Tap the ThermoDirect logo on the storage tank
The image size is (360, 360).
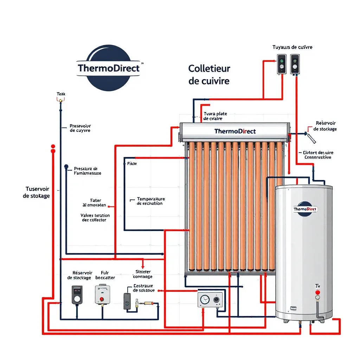[305, 209]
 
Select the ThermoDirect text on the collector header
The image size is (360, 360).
[235, 131]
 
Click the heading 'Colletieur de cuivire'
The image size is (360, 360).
[209, 75]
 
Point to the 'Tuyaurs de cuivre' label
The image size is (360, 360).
[292, 47]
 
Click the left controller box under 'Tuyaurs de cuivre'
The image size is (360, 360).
[281, 64]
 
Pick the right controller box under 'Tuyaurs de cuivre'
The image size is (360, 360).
[295, 64]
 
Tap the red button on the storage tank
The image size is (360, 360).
[317, 292]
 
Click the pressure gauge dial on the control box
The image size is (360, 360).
[204, 300]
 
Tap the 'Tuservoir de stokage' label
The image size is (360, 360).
[36, 192]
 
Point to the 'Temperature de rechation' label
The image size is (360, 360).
[150, 201]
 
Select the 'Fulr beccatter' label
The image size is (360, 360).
[105, 275]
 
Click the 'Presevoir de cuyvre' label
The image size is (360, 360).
[80, 128]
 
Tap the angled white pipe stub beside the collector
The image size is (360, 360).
[310, 137]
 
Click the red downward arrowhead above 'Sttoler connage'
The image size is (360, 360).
[143, 265]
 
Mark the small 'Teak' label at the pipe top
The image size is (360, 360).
[61, 94]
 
